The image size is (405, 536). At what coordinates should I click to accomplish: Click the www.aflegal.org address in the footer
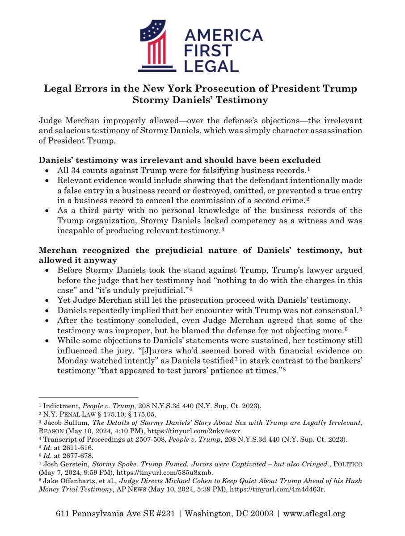(312, 514)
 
